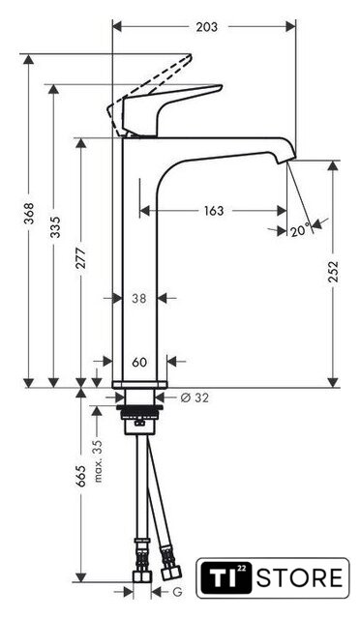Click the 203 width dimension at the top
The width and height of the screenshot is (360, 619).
[x=207, y=27]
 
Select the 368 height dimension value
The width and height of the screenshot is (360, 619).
[x=28, y=214]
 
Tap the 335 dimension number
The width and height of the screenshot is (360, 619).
[x=56, y=227]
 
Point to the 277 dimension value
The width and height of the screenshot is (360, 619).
[x=81, y=258]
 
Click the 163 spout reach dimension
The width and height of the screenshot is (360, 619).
[x=214, y=211]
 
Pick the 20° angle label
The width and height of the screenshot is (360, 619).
[x=301, y=230]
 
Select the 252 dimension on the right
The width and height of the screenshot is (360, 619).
[x=334, y=271]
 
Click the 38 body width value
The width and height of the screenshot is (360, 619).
[x=139, y=299]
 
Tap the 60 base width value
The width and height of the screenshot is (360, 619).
[x=139, y=362]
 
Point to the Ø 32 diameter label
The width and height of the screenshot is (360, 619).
[x=195, y=398]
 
